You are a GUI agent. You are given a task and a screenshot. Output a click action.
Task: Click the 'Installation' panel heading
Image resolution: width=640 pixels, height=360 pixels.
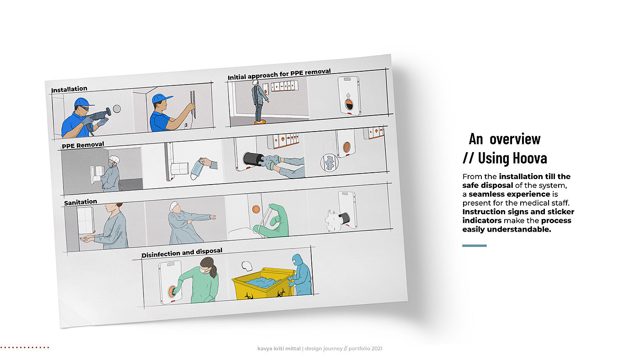(x=69, y=90)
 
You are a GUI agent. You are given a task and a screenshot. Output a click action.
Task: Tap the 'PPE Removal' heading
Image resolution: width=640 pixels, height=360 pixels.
(x=83, y=145)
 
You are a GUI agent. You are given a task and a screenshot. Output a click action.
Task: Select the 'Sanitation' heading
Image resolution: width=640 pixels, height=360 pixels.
(x=80, y=202)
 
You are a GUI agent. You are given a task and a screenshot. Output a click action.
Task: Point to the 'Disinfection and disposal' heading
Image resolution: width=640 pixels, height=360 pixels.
(x=182, y=253)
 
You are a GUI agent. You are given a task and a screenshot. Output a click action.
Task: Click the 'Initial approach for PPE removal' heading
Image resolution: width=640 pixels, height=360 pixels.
(x=279, y=74)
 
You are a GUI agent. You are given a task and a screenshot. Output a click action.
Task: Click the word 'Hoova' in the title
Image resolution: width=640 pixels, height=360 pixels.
(x=512, y=158)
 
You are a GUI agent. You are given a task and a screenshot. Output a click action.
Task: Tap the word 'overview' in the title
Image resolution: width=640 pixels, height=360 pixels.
(x=515, y=139)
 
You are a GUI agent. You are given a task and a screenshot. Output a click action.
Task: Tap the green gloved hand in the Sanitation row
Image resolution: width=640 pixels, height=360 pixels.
(x=272, y=221)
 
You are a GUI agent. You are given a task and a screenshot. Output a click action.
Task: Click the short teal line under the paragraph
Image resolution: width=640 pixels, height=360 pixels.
(x=475, y=245)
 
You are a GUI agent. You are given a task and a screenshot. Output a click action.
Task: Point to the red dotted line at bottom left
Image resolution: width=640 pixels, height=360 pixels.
(x=25, y=348)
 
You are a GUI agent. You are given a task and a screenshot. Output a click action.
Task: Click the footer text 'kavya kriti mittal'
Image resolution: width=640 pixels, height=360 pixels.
(x=279, y=349)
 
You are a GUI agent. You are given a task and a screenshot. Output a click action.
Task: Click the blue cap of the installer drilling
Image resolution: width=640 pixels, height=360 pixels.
(x=83, y=101)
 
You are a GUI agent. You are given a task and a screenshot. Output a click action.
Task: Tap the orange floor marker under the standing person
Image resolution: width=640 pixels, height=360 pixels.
(x=260, y=122)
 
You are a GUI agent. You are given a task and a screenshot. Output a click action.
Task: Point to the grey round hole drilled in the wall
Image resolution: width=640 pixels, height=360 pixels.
(x=117, y=109)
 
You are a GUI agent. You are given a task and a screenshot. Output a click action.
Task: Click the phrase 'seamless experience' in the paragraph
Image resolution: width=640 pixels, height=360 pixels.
(x=509, y=194)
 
